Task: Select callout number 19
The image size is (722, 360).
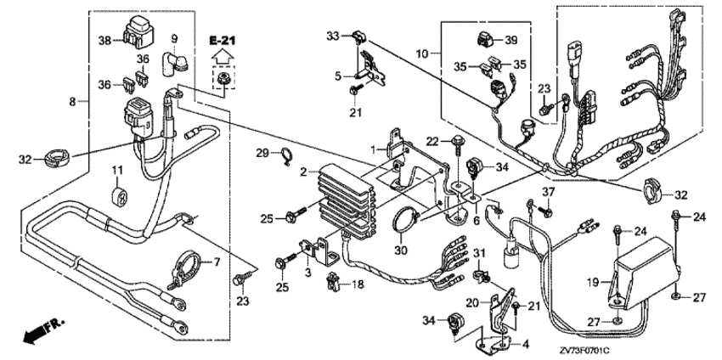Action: coord(593,282)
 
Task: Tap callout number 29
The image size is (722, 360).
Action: coord(263,152)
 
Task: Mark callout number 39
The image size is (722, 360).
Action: coord(510,40)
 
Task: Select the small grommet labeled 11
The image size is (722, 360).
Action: coord(118,195)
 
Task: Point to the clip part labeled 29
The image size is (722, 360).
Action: coord(286,155)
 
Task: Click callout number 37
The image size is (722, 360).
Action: coord(547,193)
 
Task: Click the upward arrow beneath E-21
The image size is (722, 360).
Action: coord(222,56)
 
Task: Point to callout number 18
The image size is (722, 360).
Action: coord(358,284)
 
